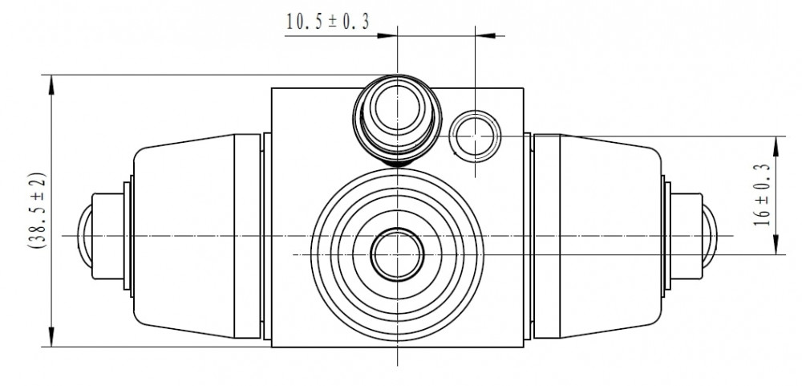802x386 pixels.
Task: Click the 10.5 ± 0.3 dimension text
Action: click(x=327, y=22)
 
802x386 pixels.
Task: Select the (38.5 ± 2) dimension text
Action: click(x=37, y=210)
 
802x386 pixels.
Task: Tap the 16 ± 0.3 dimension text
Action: click(x=762, y=195)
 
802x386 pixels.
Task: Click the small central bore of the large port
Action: click(x=398, y=254)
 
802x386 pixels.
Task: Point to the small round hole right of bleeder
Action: click(x=475, y=136)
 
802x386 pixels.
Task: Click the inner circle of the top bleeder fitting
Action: click(x=398, y=108)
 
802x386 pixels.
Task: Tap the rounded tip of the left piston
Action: click(x=84, y=235)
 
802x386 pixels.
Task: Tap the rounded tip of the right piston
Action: click(x=710, y=235)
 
